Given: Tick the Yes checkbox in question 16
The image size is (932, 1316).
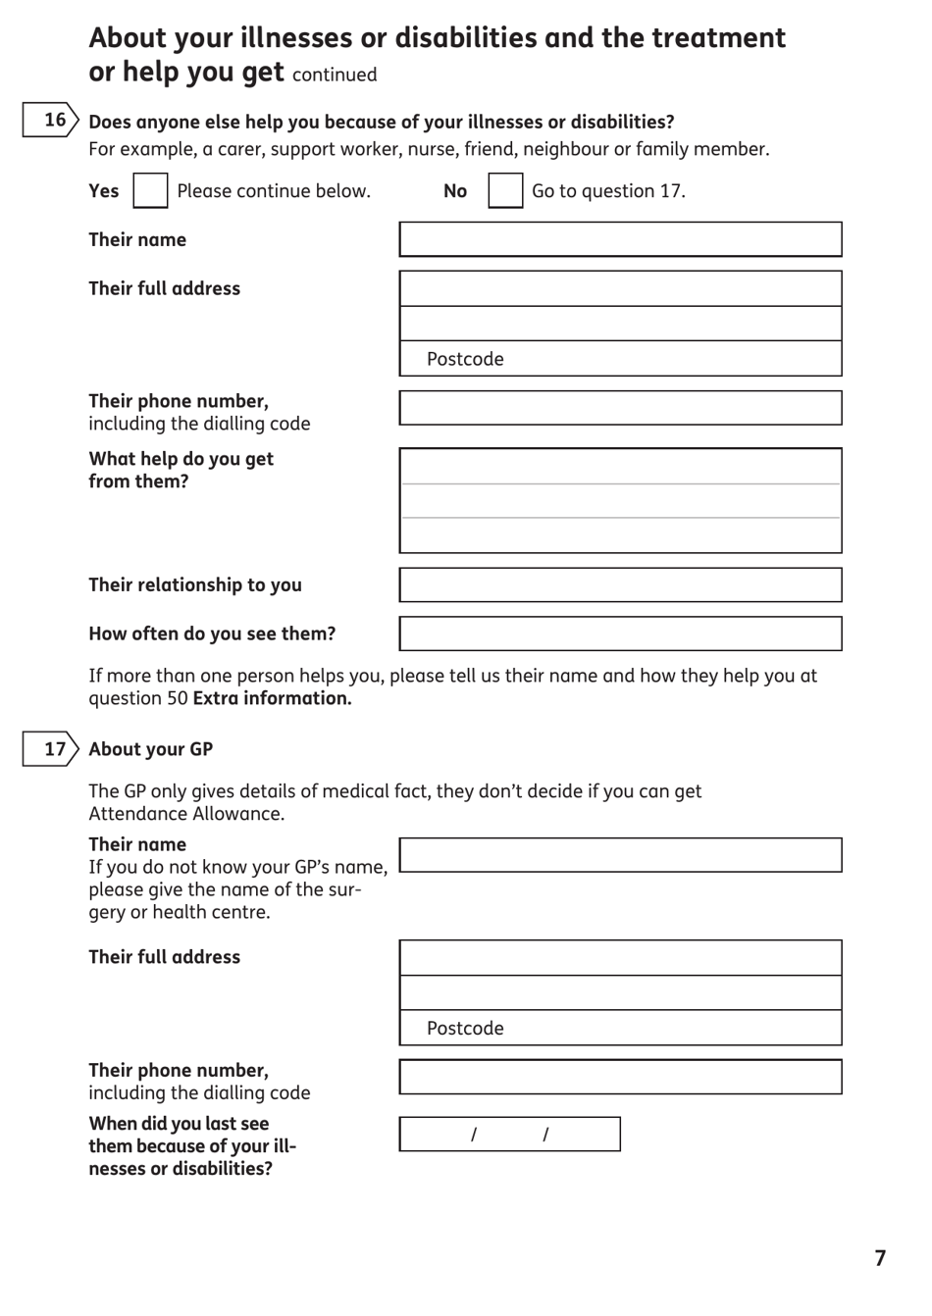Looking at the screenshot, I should pos(150,190).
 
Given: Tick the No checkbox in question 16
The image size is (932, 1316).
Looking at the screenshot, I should pos(505,190).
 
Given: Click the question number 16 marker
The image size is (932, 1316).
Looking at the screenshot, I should pos(51,120).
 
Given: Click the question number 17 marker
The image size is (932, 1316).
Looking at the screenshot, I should pos(51,749).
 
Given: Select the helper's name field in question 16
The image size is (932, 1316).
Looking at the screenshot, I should pos(620,239).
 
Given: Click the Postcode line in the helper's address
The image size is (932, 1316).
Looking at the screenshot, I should pos(620,359).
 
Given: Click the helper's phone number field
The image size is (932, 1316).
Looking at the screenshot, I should pos(620,408).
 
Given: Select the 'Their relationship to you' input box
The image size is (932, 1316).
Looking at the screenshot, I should pos(620,584).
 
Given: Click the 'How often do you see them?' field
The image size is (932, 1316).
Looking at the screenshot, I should pos(620,633).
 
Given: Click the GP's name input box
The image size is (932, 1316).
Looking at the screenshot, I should pos(620,855).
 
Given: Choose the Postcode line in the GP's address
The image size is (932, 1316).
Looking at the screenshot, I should pos(620,1028).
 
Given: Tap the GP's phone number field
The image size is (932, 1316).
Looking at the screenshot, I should pos(620,1077).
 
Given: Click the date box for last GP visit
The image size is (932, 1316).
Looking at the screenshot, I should pos(509,1134).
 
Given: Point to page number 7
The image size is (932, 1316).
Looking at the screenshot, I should pos(880,1258).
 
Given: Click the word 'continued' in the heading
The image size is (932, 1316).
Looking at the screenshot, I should pos(335,75).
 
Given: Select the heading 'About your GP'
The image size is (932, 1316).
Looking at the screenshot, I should pos(150,749).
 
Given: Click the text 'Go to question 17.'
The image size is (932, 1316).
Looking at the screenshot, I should pos(608,191).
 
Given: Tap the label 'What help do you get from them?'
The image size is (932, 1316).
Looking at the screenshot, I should pos(181,470).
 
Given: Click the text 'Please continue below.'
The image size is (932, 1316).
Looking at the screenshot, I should pos(274,191).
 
